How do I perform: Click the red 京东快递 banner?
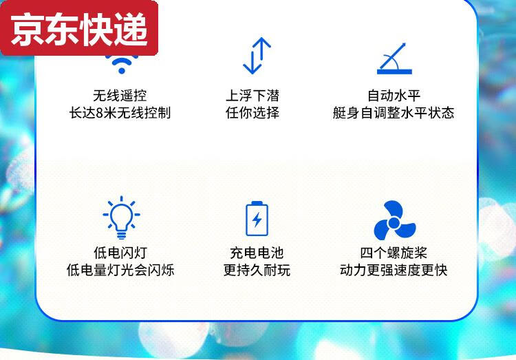pyautogui.click(x=79, y=28)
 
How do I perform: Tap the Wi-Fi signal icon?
pyautogui.click(x=121, y=65)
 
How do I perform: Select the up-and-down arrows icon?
pyautogui.click(x=257, y=56)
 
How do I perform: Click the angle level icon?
pyautogui.click(x=394, y=59)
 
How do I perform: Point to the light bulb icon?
pyautogui.click(x=121, y=218)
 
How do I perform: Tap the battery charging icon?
pyautogui.click(x=257, y=218)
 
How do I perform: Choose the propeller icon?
pyautogui.click(x=394, y=221)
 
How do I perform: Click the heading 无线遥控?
pyautogui.click(x=120, y=96)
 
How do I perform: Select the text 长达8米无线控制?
pyautogui.click(x=120, y=113)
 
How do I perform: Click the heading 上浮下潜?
pyautogui.click(x=252, y=96)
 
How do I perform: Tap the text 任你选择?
pyautogui.click(x=252, y=113)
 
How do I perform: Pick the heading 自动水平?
pyautogui.click(x=394, y=96)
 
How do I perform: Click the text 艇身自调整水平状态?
pyautogui.click(x=394, y=113)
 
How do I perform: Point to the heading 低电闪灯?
pyautogui.click(x=120, y=253)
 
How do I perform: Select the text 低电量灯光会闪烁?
pyautogui.click(x=120, y=270)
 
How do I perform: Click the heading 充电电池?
pyautogui.click(x=257, y=253)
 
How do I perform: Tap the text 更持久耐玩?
pyautogui.click(x=257, y=270)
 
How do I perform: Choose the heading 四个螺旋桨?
pyautogui.click(x=394, y=253)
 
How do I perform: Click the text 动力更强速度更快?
pyautogui.click(x=394, y=270)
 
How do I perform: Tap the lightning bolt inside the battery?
pyautogui.click(x=257, y=220)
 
